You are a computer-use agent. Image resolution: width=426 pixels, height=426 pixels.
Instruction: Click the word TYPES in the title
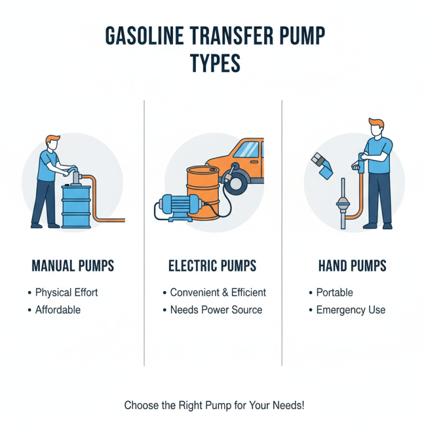click(x=215, y=63)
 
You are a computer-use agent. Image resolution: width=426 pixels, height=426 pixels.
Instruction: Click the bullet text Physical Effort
click(x=67, y=292)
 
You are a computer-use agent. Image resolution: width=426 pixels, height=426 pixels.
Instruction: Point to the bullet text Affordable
click(x=58, y=309)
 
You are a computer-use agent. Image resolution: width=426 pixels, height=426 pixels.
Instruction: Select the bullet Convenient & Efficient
click(x=218, y=292)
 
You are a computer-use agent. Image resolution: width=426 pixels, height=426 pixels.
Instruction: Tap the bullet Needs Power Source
click(x=216, y=309)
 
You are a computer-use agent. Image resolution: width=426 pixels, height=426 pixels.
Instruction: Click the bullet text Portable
click(x=334, y=292)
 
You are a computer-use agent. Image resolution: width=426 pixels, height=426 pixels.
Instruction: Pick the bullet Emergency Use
click(x=350, y=309)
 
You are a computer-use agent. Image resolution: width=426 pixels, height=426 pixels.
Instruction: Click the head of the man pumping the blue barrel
click(x=51, y=142)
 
